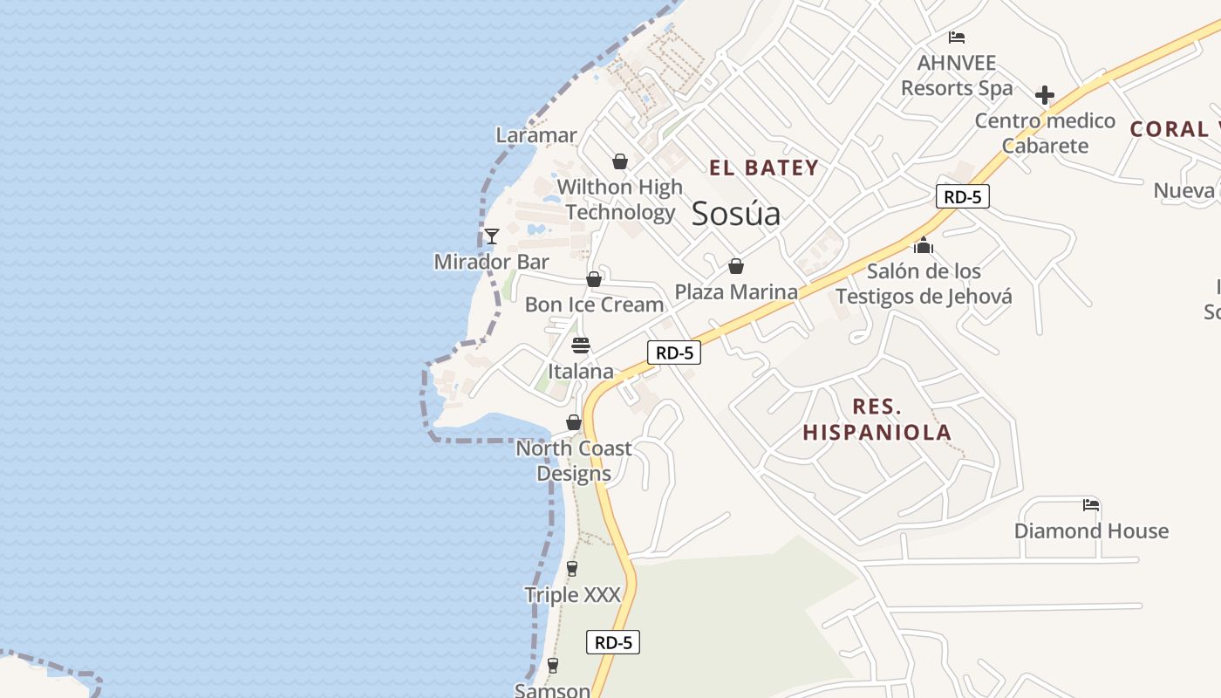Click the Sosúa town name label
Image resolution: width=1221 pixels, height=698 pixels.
735,214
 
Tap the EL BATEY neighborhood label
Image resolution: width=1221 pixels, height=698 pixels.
764,168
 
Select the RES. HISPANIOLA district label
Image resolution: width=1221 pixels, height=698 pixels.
877,420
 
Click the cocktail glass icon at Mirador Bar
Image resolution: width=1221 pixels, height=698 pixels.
492,236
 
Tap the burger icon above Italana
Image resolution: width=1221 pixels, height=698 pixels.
581,346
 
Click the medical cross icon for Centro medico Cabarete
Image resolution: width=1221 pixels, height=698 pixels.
1044,95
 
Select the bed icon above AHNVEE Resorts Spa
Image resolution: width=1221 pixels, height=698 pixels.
957,38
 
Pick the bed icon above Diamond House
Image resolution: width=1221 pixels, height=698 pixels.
1090,505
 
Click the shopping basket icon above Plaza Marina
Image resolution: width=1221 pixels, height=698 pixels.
736,266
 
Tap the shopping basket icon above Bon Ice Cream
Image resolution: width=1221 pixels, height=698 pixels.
594,279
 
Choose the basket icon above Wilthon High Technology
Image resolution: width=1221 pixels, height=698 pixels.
620,161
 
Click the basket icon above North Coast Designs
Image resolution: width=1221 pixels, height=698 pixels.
574,422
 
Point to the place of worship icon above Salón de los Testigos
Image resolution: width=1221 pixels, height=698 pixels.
924,246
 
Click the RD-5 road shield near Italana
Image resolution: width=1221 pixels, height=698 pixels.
674,352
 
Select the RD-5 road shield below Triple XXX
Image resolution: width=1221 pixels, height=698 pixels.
613,642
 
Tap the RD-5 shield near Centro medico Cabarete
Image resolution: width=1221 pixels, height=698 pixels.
963,196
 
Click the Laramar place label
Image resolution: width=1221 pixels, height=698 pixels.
536,135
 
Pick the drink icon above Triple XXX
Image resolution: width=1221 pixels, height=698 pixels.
572,569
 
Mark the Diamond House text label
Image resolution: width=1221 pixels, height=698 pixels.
1091,530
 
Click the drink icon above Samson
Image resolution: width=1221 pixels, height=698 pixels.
552,666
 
